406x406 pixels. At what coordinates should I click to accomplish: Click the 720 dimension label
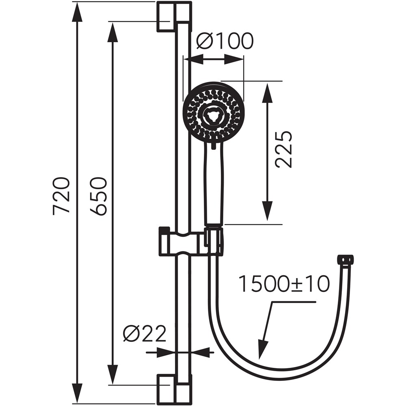click(x=61, y=195)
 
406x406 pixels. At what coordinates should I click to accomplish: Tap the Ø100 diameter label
click(x=225, y=41)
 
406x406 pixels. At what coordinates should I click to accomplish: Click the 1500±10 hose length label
click(x=283, y=284)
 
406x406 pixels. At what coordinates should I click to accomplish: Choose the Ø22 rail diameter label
click(x=145, y=334)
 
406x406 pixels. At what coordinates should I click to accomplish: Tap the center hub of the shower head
click(x=213, y=116)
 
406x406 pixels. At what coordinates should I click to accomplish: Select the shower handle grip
click(x=214, y=183)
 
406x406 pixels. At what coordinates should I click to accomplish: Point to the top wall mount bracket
click(x=174, y=16)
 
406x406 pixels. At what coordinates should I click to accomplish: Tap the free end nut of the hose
click(x=346, y=259)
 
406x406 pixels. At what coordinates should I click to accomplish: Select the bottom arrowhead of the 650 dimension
click(x=112, y=375)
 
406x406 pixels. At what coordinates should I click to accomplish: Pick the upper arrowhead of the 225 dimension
click(x=267, y=91)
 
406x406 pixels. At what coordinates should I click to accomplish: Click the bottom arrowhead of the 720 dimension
click(x=77, y=395)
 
